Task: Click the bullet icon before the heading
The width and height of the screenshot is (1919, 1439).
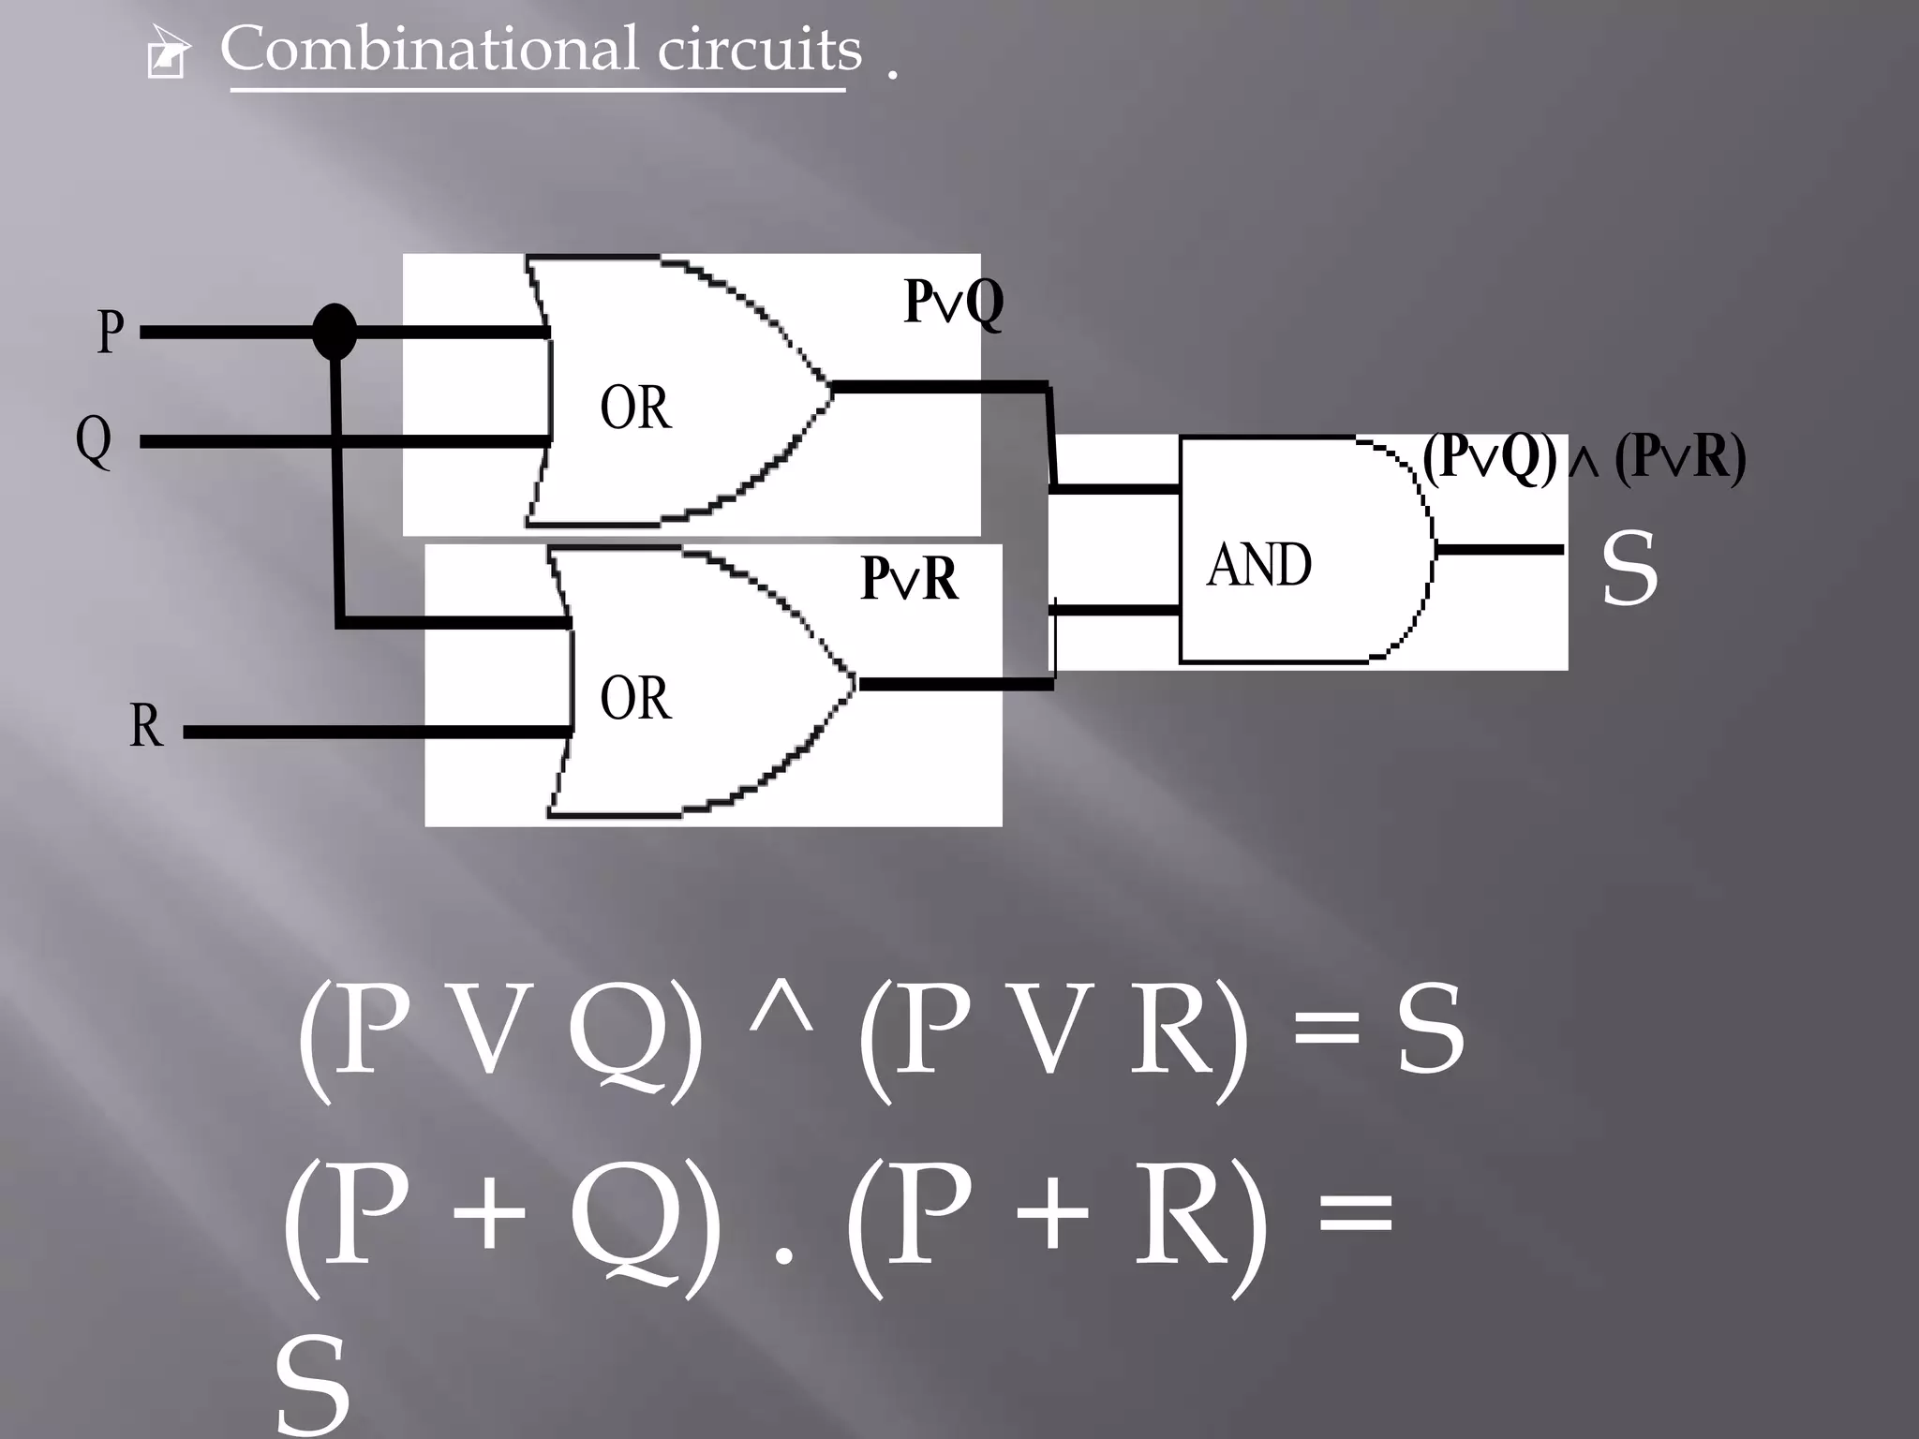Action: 168,54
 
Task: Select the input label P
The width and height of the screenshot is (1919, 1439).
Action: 111,332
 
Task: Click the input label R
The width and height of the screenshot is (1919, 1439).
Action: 145,725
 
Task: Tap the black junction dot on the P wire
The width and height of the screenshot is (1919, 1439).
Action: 334,331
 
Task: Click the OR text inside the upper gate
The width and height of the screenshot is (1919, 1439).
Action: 635,408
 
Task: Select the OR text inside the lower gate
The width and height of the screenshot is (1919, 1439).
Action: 635,699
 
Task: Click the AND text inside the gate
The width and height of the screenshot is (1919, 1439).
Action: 1258,565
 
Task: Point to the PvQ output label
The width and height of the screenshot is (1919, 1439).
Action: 953,302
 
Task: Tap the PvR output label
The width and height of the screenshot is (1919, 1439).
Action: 909,579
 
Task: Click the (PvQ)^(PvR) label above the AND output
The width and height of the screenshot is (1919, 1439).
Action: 1584,459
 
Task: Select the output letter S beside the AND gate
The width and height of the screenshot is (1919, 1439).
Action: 1629,568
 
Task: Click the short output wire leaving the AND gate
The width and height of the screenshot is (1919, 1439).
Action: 1499,550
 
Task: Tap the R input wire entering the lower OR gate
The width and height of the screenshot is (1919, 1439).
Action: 375,732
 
